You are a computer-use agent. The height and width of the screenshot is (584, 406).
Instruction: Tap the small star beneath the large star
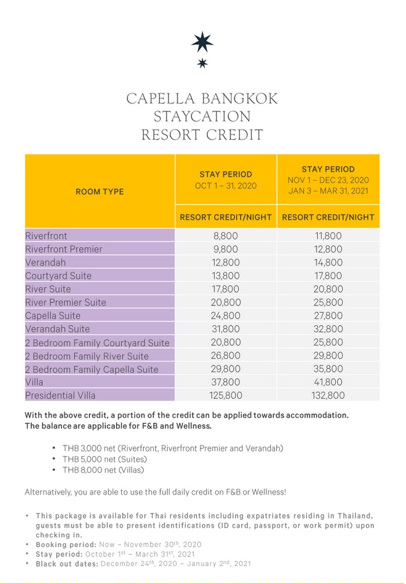pos(202,63)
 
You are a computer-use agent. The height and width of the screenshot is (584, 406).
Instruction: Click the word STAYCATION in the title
pos(202,117)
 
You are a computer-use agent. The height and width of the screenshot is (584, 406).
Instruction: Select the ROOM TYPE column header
pos(100,191)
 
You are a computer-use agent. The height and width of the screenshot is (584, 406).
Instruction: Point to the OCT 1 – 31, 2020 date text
pos(225,185)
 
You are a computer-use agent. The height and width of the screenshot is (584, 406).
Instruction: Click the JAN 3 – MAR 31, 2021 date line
pos(328,192)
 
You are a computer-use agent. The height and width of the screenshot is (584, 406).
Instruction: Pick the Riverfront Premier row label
pos(64,249)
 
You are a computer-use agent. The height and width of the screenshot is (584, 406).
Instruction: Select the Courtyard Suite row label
pos(58,276)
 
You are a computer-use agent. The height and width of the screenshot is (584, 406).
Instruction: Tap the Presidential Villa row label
pos(60,396)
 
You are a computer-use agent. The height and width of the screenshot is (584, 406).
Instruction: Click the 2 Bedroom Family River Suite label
pos(87,356)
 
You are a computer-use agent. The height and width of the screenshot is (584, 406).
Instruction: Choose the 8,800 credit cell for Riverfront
pos(225,236)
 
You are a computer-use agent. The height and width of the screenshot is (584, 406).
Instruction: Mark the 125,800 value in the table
pos(225,396)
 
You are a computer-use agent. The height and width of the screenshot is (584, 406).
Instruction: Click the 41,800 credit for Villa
pos(328,382)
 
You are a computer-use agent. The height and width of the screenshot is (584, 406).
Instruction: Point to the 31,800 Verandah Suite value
pos(225,329)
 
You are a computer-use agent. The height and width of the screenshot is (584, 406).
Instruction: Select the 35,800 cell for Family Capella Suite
pos(328,369)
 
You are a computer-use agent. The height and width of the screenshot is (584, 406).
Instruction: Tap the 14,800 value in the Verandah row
pos(328,263)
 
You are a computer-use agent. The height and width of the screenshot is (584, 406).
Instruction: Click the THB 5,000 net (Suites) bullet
pos(104,459)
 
